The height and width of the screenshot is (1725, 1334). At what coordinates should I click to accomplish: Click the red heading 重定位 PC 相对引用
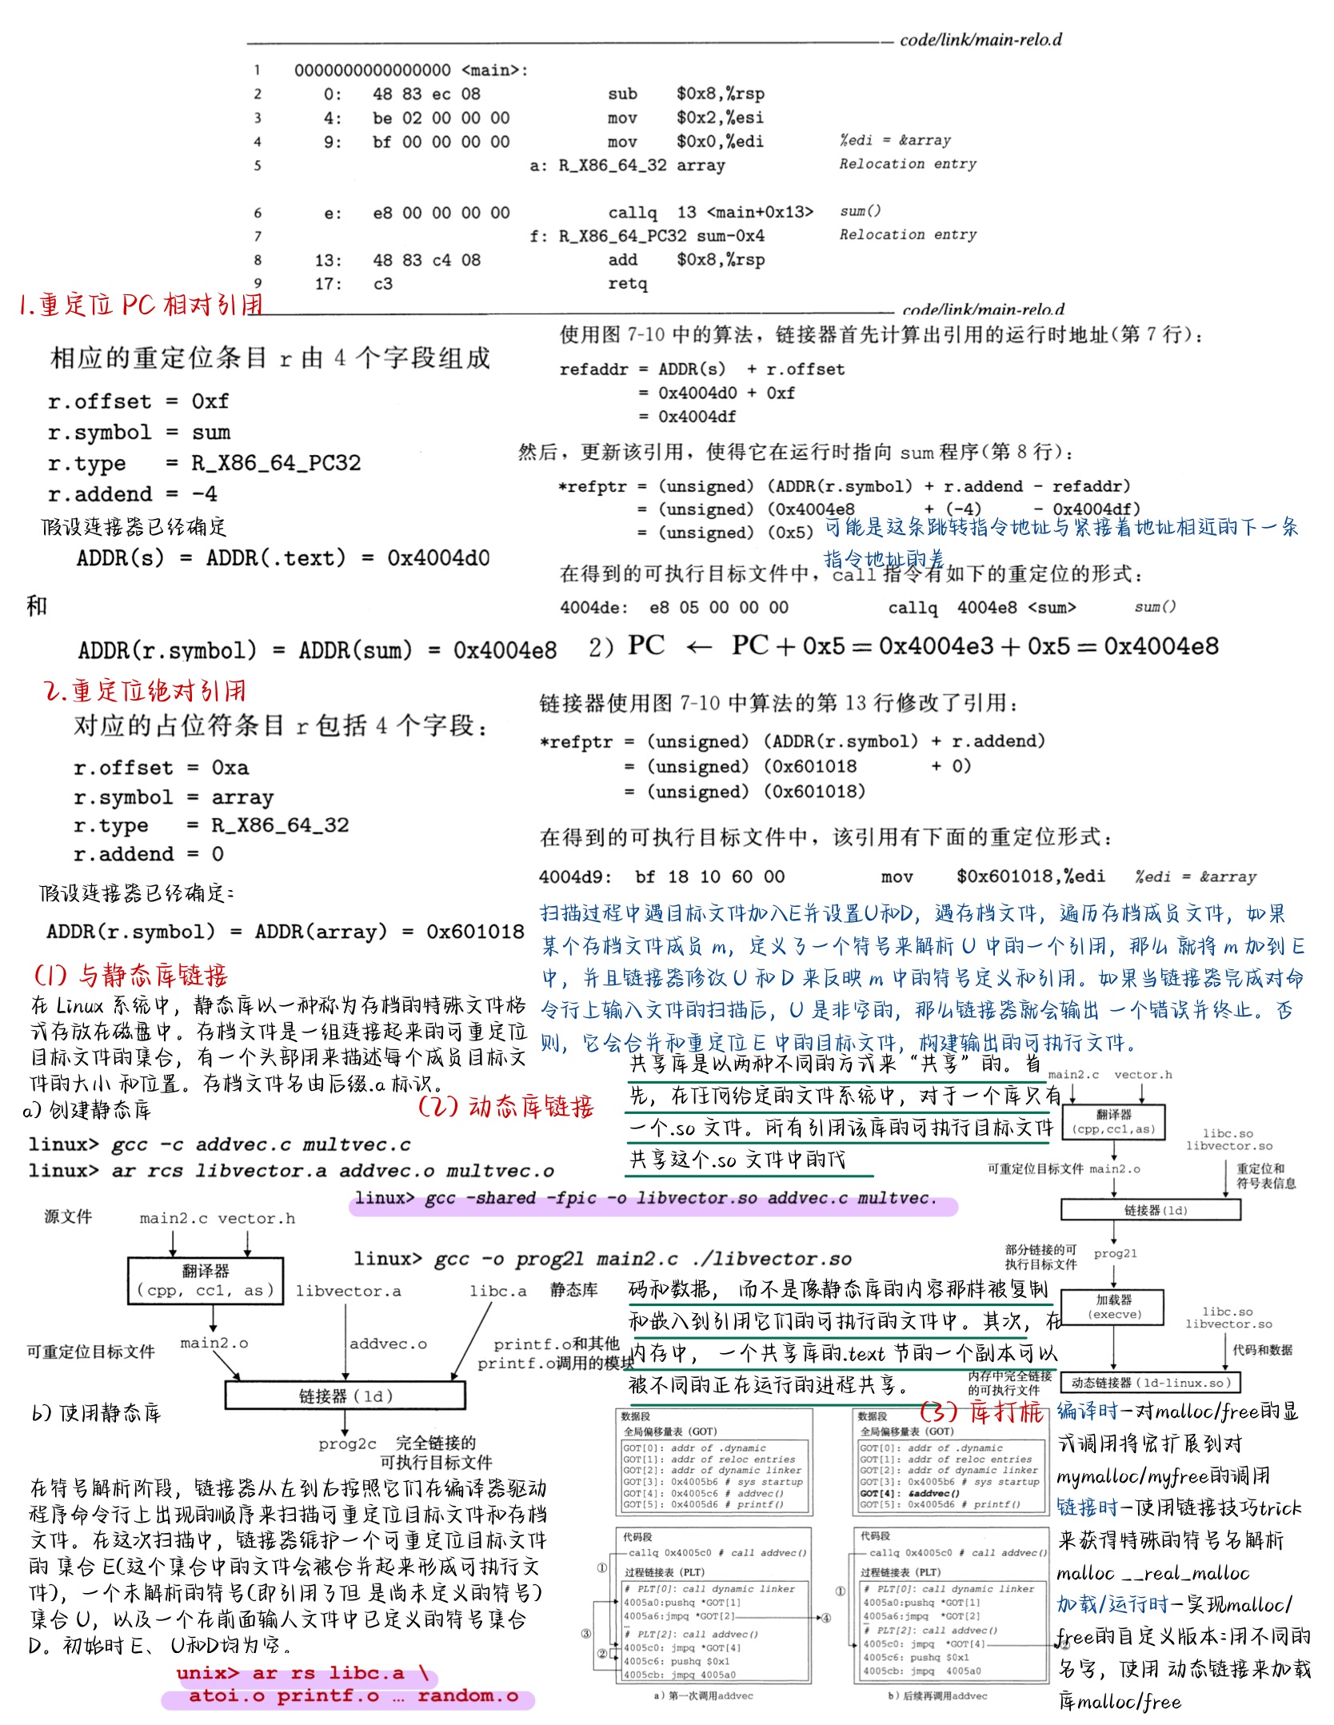click(x=141, y=305)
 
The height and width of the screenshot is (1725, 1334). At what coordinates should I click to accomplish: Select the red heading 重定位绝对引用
click(x=145, y=691)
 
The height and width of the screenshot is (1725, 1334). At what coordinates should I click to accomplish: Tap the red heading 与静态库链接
click(x=131, y=975)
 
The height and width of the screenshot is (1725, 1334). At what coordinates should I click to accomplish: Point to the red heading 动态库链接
click(x=505, y=1107)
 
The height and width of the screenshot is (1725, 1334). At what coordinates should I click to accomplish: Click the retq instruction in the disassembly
click(x=627, y=284)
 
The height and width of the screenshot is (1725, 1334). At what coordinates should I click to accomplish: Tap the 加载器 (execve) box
click(x=1114, y=1306)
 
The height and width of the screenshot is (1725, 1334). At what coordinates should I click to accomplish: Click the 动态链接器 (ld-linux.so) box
click(x=1151, y=1382)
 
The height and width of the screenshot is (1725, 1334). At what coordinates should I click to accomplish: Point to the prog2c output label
click(x=346, y=1443)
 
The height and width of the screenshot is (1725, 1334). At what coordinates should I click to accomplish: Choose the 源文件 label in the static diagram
click(x=68, y=1216)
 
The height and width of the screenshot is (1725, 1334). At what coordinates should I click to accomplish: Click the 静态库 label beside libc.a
click(x=573, y=1290)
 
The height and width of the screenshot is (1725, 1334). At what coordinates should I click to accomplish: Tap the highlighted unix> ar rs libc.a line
click(x=302, y=1673)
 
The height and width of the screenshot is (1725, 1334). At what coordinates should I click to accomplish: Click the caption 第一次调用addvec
click(x=704, y=1695)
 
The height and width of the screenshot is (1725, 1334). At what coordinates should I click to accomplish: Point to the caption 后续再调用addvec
click(x=938, y=1695)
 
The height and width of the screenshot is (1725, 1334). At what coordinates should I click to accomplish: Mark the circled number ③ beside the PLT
click(x=586, y=1635)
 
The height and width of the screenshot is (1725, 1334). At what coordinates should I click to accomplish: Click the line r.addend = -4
click(x=132, y=493)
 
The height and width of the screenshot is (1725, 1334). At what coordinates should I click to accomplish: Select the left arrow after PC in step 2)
click(x=698, y=646)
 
